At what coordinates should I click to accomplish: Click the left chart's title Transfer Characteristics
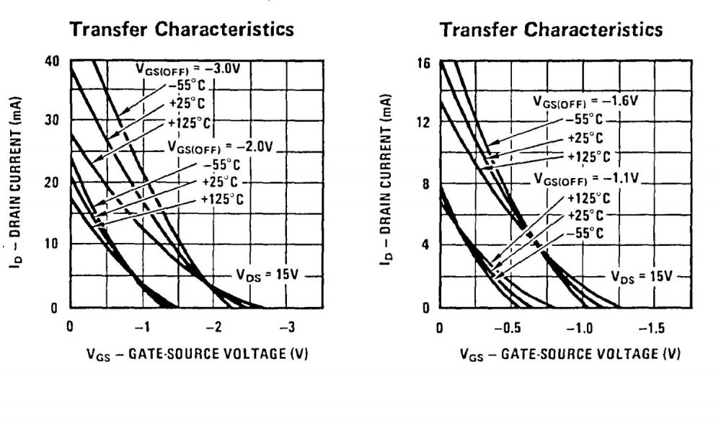pos(181,30)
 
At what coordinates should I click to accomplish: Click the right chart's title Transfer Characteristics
pos(551,30)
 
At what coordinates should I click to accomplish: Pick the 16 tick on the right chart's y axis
pos(423,63)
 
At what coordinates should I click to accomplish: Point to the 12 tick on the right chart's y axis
pos(423,123)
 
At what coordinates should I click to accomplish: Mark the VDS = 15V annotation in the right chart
pos(641,275)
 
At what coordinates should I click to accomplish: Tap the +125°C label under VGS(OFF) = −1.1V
pos(589,197)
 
